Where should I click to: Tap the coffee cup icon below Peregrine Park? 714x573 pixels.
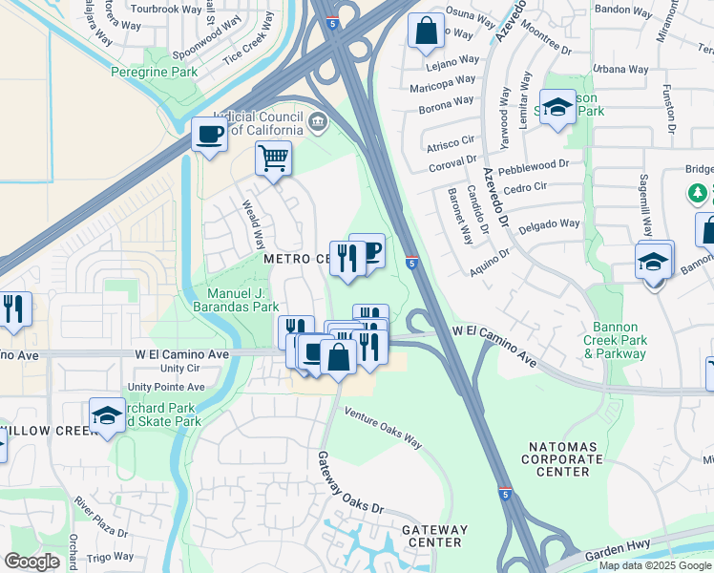[209, 134]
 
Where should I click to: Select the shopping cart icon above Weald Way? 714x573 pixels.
[273, 158]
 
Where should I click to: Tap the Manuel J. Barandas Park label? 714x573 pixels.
[243, 299]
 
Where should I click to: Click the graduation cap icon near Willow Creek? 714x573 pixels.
[108, 415]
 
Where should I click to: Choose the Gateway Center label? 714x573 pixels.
[434, 536]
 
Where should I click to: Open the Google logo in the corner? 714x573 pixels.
[31, 562]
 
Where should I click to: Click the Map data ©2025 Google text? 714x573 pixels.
[654, 565]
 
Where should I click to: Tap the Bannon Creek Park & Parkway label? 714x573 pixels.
[616, 347]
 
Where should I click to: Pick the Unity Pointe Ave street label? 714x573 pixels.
[166, 387]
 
